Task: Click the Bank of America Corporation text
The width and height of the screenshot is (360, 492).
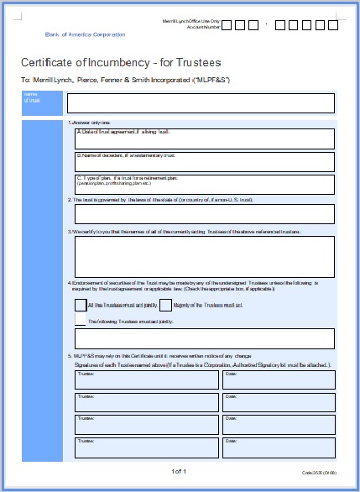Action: pyautogui.click(x=85, y=34)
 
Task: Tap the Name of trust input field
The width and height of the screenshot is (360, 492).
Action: pyautogui.click(x=201, y=103)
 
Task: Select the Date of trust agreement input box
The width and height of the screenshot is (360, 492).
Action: pyautogui.click(x=205, y=139)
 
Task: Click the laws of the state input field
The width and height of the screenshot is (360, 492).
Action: pyautogui.click(x=205, y=214)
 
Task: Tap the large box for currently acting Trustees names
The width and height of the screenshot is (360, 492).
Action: pyautogui.click(x=205, y=256)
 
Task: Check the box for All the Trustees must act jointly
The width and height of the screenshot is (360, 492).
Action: pyautogui.click(x=81, y=305)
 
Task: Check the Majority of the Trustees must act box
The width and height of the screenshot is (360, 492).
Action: pyautogui.click(x=166, y=305)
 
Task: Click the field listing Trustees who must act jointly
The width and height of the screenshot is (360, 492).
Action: pyautogui.click(x=205, y=338)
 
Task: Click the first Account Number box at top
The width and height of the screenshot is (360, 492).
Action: pyautogui.click(x=229, y=25)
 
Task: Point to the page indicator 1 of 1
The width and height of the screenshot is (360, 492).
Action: pyautogui.click(x=180, y=471)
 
